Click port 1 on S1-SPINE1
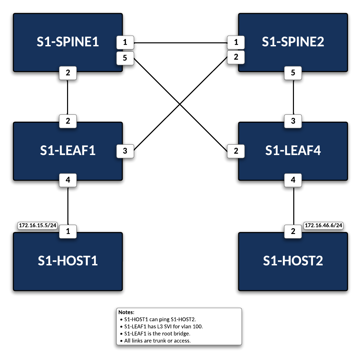tap(125, 43)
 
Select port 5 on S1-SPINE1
tap(125, 58)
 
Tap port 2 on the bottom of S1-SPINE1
tap(68, 73)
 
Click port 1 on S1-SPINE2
tap(236, 43)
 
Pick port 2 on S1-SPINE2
tap(236, 57)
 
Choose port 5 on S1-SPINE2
tap(293, 73)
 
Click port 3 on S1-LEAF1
tap(125, 151)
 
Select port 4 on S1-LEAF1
tap(68, 180)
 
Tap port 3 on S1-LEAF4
tap(293, 121)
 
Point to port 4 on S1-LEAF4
tap(293, 180)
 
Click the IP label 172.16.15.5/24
tap(37, 226)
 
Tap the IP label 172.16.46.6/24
tap(323, 226)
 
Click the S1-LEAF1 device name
tap(68, 151)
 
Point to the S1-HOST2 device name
tap(293, 261)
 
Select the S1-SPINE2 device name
tap(293, 42)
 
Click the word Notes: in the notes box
tap(126, 313)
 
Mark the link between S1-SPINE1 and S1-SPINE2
tap(180, 43)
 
